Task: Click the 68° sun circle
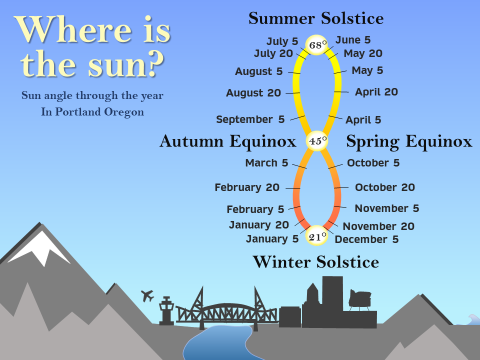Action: point(317,45)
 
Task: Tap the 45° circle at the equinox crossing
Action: point(317,141)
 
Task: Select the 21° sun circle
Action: point(317,235)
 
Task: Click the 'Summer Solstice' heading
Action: point(316,18)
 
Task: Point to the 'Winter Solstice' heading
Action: point(316,262)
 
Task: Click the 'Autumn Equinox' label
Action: point(228,141)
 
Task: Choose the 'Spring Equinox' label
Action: point(409,141)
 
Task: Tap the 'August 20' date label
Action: point(253,93)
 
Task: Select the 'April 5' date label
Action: point(363,119)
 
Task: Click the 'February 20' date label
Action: point(247,187)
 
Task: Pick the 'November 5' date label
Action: point(387,208)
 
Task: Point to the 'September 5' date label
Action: point(250,119)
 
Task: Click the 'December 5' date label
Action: point(366,239)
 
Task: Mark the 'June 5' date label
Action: point(353,40)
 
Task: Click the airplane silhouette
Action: point(147,295)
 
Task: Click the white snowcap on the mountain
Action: point(39,248)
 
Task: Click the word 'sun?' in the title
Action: point(126,64)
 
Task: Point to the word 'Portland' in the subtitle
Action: point(78,111)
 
